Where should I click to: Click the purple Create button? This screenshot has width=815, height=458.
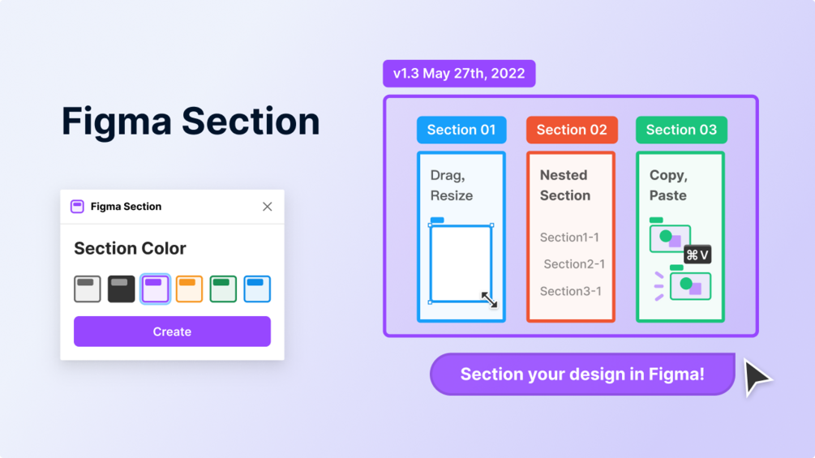[172, 332]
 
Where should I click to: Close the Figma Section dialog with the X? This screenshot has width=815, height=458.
[267, 207]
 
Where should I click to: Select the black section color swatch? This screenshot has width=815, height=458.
[122, 289]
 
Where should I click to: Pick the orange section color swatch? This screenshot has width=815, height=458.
[189, 289]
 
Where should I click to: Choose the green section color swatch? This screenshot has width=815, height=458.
[223, 289]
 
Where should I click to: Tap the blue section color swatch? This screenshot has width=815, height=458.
[257, 289]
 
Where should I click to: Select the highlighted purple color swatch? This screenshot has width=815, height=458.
[155, 289]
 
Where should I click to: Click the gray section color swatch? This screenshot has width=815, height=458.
[88, 289]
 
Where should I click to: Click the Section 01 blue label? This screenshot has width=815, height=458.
[461, 130]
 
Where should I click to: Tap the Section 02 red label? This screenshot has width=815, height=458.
[572, 130]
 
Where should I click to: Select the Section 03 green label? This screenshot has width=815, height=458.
[681, 130]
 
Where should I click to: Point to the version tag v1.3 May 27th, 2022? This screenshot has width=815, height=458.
[459, 74]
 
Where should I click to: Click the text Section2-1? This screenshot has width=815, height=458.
[574, 264]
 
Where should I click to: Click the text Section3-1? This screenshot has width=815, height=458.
[571, 291]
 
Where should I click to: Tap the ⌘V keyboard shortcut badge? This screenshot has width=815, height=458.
[697, 255]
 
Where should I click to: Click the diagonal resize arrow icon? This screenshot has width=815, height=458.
[489, 300]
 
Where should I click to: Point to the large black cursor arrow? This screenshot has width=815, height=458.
[756, 376]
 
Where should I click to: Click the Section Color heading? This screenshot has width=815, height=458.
[130, 248]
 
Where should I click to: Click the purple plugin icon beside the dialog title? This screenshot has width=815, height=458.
[77, 207]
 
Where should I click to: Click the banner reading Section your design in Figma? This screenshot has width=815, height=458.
[582, 375]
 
